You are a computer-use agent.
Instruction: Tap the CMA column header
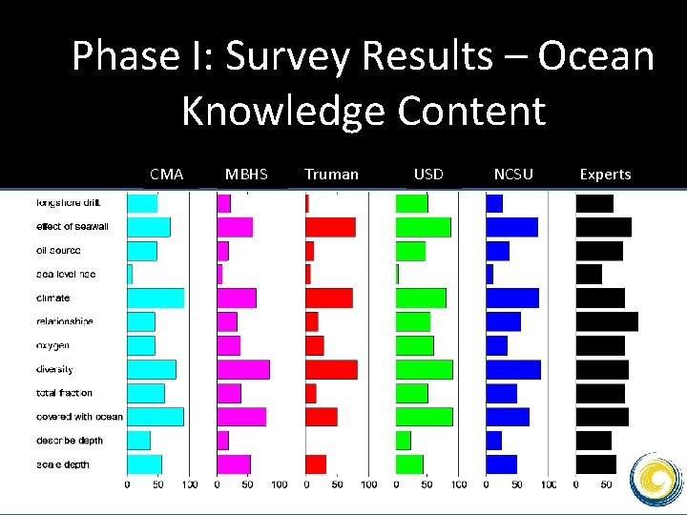click(x=167, y=175)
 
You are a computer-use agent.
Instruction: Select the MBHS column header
click(x=246, y=175)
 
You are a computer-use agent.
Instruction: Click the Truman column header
click(x=331, y=175)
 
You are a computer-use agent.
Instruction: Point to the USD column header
click(x=428, y=175)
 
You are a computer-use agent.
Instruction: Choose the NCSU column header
click(x=513, y=175)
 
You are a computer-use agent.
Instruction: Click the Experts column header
click(x=605, y=175)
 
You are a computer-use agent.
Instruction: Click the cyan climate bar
click(x=156, y=299)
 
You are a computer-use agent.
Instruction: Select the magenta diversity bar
click(x=242, y=369)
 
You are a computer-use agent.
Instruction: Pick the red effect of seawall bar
click(x=330, y=227)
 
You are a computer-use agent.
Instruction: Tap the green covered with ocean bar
click(x=424, y=417)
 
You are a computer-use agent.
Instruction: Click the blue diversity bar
click(x=513, y=369)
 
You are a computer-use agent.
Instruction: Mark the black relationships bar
click(x=606, y=321)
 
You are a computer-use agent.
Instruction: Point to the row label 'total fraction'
click(x=65, y=393)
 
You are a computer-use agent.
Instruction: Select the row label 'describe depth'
click(x=69, y=441)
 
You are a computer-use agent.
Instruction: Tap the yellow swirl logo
click(x=659, y=478)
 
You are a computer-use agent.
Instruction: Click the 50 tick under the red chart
click(x=337, y=485)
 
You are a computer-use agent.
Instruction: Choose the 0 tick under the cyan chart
click(x=128, y=485)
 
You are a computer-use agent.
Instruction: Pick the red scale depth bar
click(x=316, y=464)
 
